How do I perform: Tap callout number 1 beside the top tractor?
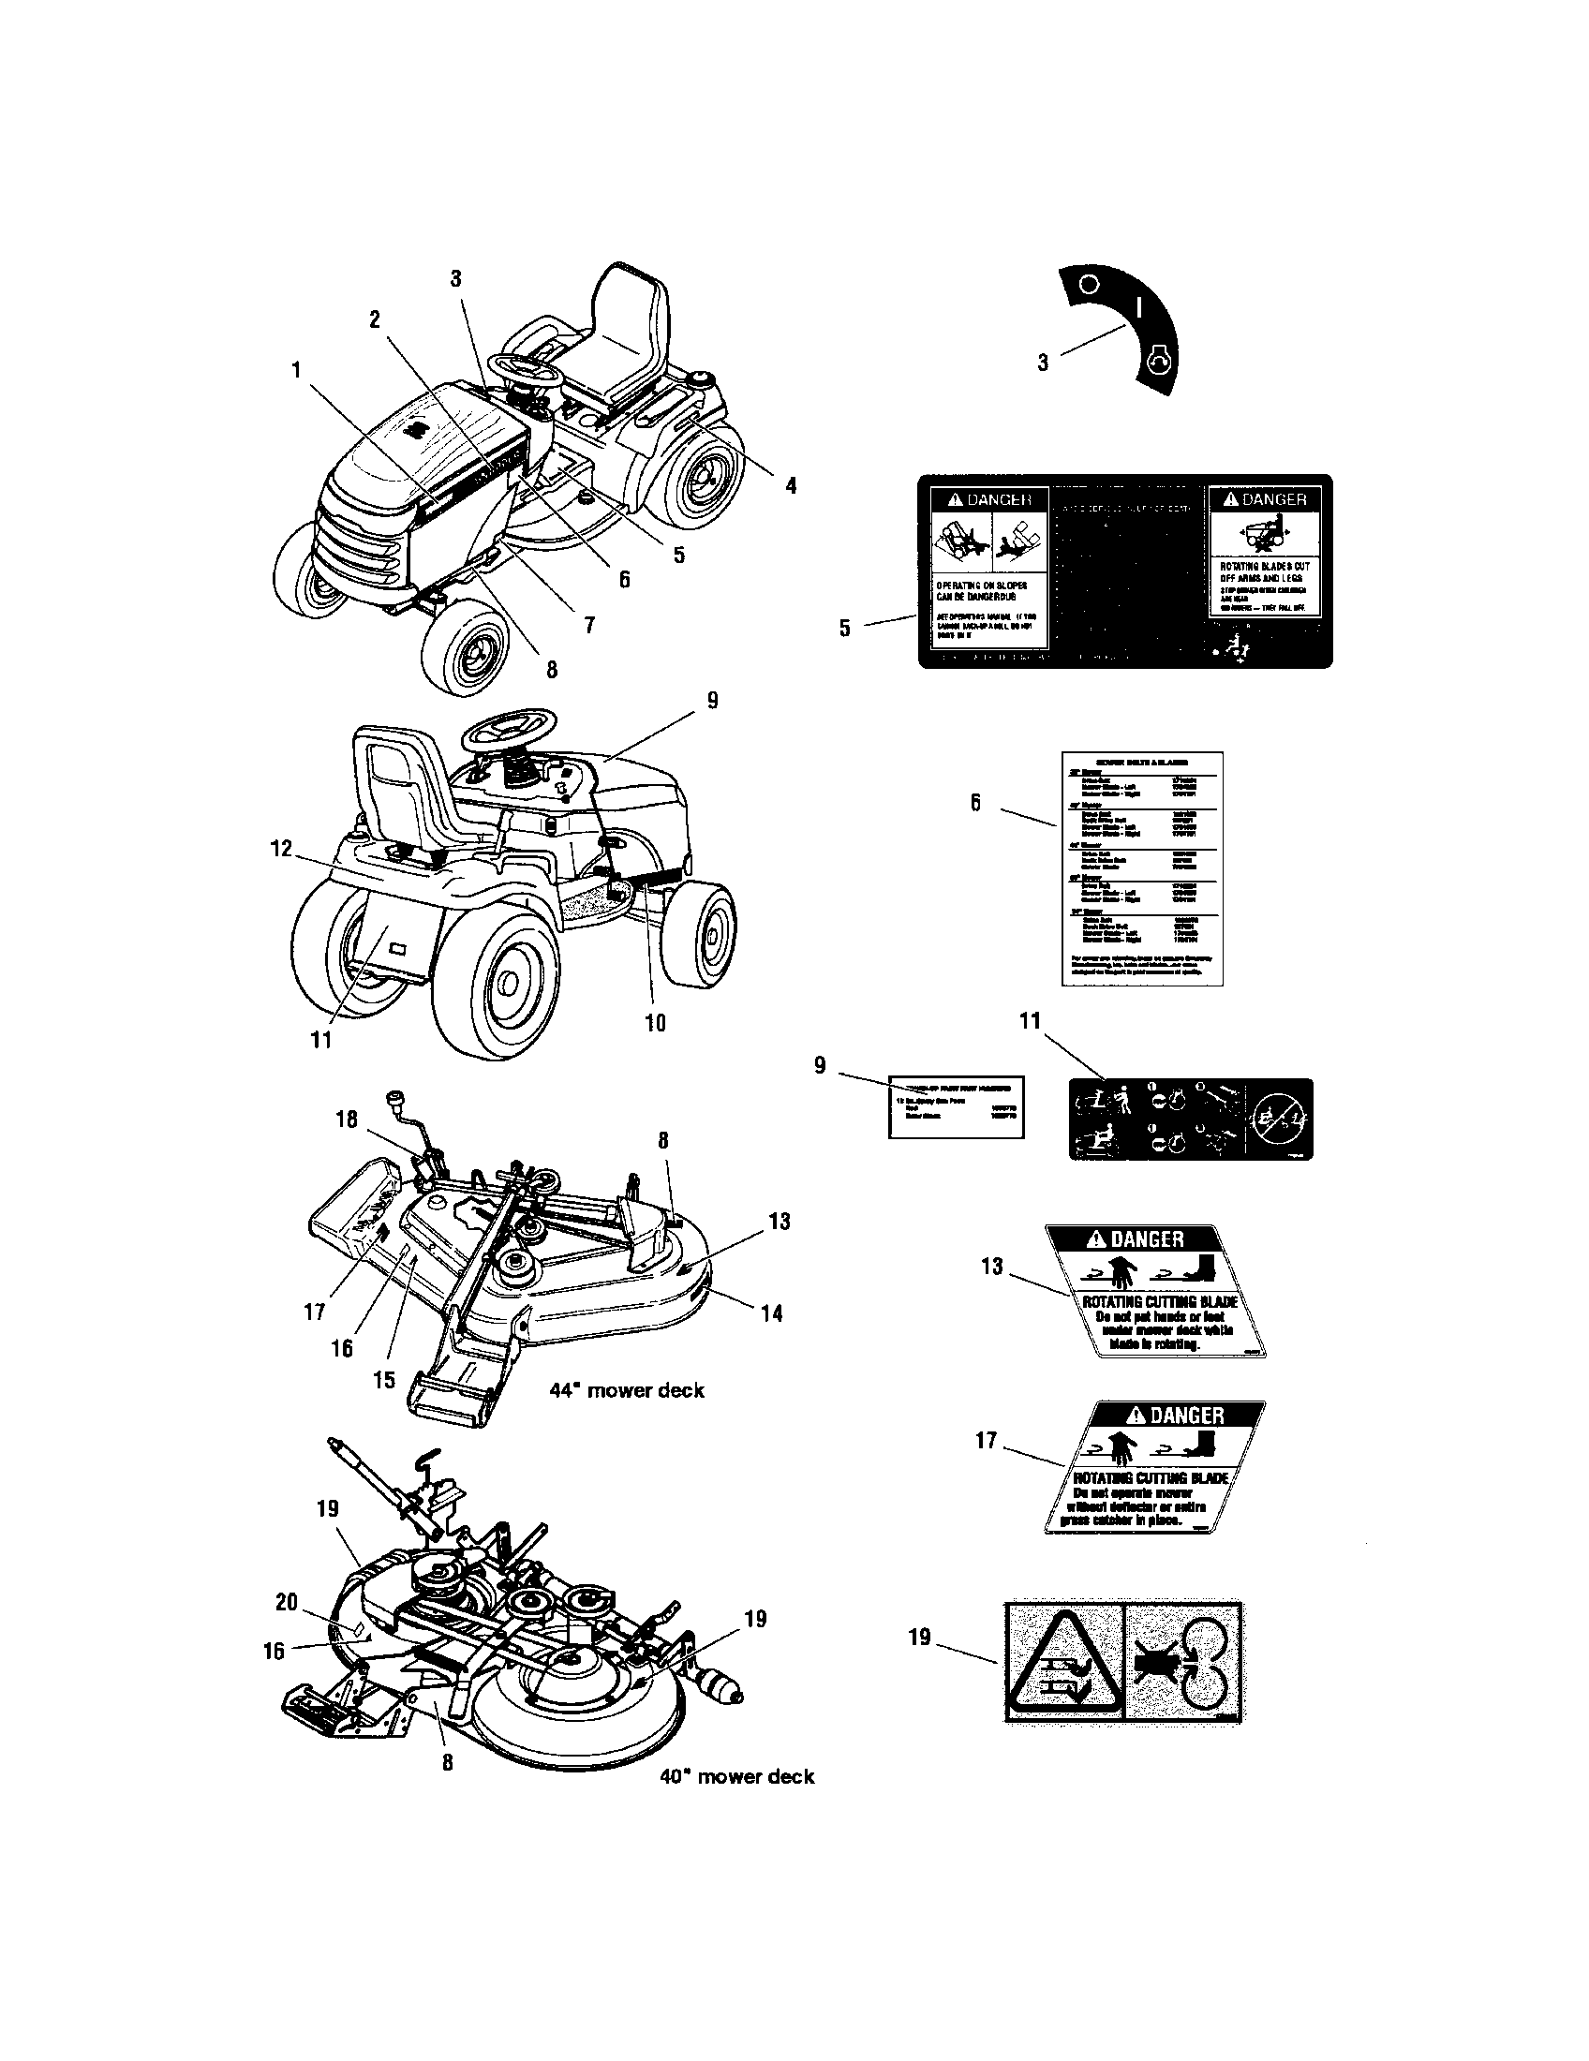point(296,370)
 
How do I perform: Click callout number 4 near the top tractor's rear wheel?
point(791,485)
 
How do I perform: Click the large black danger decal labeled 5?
point(1124,571)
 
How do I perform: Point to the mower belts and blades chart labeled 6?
point(1142,868)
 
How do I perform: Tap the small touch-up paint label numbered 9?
point(956,1107)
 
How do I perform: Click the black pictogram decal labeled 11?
point(1190,1119)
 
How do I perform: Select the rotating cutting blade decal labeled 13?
point(1156,1290)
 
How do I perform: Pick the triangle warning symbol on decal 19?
point(1063,1663)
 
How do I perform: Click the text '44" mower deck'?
point(627,1390)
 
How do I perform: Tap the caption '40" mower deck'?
point(737,1777)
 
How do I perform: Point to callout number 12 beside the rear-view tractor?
point(281,848)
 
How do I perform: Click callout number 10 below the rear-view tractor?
point(655,1022)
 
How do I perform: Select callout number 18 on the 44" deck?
point(347,1119)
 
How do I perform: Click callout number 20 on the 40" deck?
point(287,1601)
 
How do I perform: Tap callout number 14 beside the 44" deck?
point(772,1312)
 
